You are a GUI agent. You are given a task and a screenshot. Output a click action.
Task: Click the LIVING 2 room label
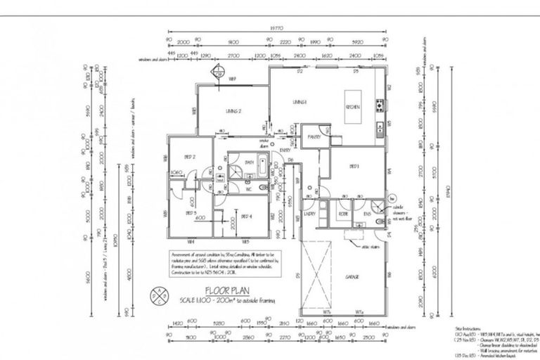pyautogui.click(x=234, y=111)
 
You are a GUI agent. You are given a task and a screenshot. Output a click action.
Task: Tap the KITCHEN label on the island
pyautogui.click(x=353, y=107)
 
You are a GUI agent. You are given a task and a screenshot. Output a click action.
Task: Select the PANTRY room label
pyautogui.click(x=314, y=137)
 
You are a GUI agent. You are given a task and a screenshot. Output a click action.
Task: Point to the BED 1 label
pyautogui.click(x=355, y=167)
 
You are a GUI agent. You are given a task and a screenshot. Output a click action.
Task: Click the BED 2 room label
pyautogui.click(x=189, y=157)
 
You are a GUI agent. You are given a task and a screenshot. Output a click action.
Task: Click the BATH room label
pyautogui.click(x=249, y=162)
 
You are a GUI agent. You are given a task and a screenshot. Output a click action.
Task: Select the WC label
pyautogui.click(x=249, y=188)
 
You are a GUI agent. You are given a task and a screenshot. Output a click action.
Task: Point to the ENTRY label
pyautogui.click(x=285, y=150)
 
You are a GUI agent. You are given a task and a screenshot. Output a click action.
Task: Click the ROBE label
pyautogui.click(x=343, y=213)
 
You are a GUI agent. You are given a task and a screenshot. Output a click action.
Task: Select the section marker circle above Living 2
pyautogui.click(x=219, y=69)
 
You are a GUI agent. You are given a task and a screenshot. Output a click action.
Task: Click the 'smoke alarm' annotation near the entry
pyautogui.click(x=265, y=143)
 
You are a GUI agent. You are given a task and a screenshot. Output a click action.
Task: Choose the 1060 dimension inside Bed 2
pyautogui.click(x=176, y=172)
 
